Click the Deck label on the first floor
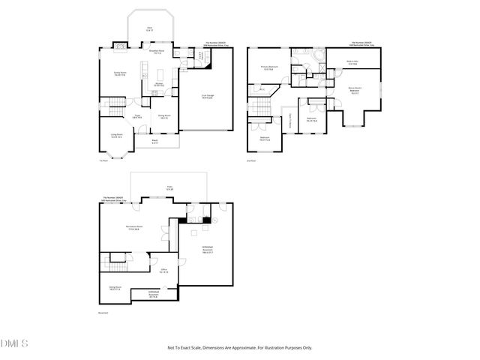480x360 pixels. click(x=149, y=28)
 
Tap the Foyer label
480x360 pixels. click(x=138, y=116)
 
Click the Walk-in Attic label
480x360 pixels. click(x=351, y=62)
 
